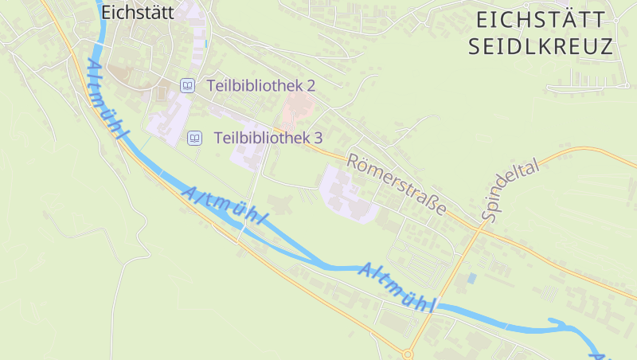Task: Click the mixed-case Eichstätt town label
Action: (x=137, y=12)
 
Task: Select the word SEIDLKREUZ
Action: (x=541, y=46)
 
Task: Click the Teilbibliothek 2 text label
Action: (x=260, y=85)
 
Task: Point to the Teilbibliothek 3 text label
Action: (x=268, y=138)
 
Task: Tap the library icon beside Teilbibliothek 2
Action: (x=187, y=85)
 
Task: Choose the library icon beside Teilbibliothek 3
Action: (x=194, y=138)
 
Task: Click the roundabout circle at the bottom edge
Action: (x=408, y=354)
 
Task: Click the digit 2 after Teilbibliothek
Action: (x=311, y=85)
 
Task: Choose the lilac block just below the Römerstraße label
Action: (x=346, y=192)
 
